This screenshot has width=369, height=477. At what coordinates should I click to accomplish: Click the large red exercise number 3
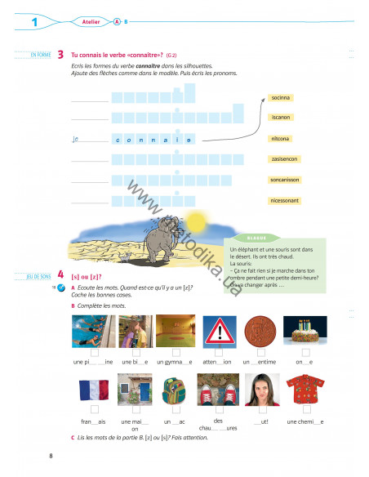(61, 54)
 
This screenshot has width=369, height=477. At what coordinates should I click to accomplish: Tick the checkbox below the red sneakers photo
(218, 409)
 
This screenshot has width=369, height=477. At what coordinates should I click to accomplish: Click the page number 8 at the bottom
(51, 456)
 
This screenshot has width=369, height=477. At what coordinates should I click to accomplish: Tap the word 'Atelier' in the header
(91, 21)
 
